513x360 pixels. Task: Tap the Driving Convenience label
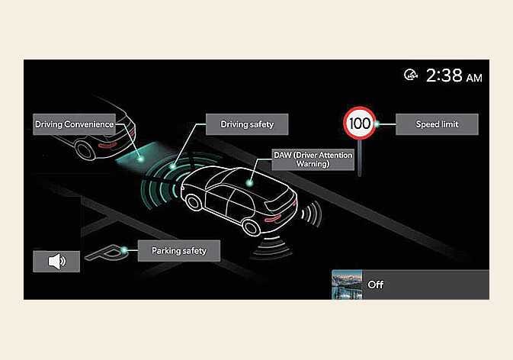click(x=75, y=124)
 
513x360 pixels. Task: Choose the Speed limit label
click(x=437, y=123)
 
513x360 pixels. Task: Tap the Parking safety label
click(x=178, y=249)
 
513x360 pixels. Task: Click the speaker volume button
click(x=56, y=262)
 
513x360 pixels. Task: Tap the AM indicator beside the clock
click(x=474, y=78)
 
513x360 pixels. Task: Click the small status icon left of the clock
click(x=411, y=75)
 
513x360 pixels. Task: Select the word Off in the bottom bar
click(x=376, y=285)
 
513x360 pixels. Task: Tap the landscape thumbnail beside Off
click(x=345, y=285)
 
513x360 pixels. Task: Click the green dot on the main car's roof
click(x=250, y=182)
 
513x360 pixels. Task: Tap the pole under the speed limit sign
click(x=359, y=156)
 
